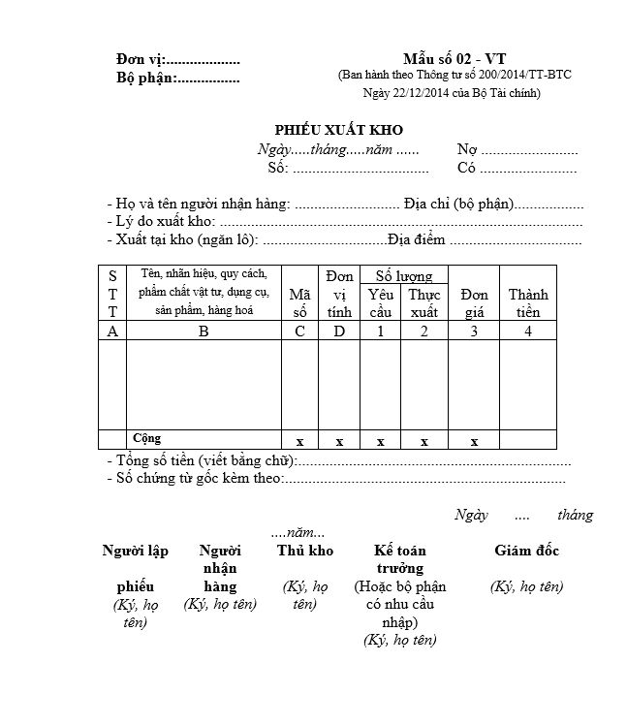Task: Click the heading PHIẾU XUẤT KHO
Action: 338,130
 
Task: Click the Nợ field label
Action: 467,149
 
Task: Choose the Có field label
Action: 467,168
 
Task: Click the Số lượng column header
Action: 403,276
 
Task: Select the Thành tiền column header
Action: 527,302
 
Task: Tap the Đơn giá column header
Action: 474,302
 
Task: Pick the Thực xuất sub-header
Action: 424,302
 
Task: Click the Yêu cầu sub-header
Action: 380,302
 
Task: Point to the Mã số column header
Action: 299,302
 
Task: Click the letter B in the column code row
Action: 204,331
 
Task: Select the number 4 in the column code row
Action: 527,331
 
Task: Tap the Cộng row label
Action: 147,439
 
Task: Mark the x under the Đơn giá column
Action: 474,441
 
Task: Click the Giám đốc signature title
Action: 526,551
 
